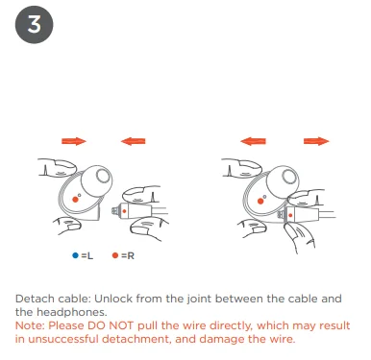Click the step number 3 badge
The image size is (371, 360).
coord(34,25)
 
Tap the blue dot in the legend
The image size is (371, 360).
coord(75,255)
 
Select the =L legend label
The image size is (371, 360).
coord(87,255)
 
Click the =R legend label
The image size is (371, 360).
coord(128,255)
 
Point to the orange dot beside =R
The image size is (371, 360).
coord(115,255)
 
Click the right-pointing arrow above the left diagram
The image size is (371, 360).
coord(74,141)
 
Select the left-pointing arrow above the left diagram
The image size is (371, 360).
coord(133,141)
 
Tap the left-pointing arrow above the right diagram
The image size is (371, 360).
coord(253,141)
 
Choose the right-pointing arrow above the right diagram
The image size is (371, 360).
coord(316,141)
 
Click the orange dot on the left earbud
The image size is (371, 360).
coord(75,200)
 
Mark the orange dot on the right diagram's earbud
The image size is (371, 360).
coord(260,202)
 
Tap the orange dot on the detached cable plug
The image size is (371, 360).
coord(124,211)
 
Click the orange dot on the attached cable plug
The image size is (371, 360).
coord(290,215)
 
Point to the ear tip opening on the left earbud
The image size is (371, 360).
coord(103,176)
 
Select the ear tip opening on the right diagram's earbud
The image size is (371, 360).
coord(288,177)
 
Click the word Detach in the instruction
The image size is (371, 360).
coord(35,299)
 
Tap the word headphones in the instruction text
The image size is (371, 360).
coord(71,312)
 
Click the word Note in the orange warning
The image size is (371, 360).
coord(29,325)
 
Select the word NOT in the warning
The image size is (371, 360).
coord(121,325)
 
